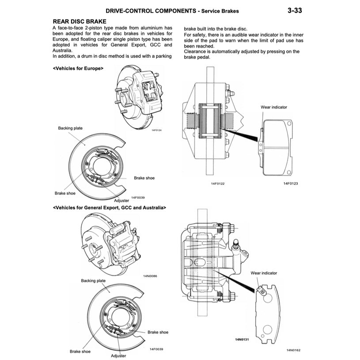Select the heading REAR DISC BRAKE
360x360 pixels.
click(79, 21)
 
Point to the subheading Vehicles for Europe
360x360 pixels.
click(78, 68)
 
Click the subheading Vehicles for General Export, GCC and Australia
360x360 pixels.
click(109, 207)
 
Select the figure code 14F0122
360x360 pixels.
click(217, 183)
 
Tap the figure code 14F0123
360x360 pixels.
click(291, 183)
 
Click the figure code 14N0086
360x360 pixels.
click(150, 276)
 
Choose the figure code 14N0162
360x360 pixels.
click(293, 350)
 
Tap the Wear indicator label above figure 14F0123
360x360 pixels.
click(274, 107)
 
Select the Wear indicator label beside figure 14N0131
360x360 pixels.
click(264, 273)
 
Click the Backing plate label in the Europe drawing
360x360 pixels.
click(70, 128)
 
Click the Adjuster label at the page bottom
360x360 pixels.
click(118, 356)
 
